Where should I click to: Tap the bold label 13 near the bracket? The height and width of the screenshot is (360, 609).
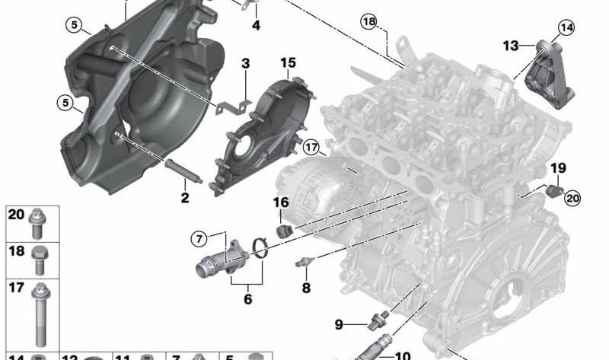point(511,46)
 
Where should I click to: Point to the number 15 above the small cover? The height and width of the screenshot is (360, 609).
point(288,62)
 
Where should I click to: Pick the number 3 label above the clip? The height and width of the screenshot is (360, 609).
point(246,64)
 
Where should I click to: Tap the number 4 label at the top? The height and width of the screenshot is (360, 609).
point(256,25)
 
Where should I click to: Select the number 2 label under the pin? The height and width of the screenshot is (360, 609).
point(185,199)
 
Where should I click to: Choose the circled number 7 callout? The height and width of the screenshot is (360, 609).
point(199,239)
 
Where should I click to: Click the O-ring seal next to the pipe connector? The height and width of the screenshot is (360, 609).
point(260,247)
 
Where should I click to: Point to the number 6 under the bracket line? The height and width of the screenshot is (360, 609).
point(247,299)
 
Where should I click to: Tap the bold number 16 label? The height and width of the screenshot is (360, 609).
point(281,202)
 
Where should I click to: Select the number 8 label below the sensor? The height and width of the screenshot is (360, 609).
point(306,288)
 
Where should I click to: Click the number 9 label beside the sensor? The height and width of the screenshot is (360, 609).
point(340,325)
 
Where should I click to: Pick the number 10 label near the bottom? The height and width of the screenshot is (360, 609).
point(403,355)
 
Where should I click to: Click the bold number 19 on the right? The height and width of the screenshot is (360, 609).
point(558,167)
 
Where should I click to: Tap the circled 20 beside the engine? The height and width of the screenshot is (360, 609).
point(572,198)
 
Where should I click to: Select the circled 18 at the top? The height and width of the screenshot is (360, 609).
point(369,23)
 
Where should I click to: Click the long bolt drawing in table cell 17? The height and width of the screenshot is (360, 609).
point(40,314)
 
